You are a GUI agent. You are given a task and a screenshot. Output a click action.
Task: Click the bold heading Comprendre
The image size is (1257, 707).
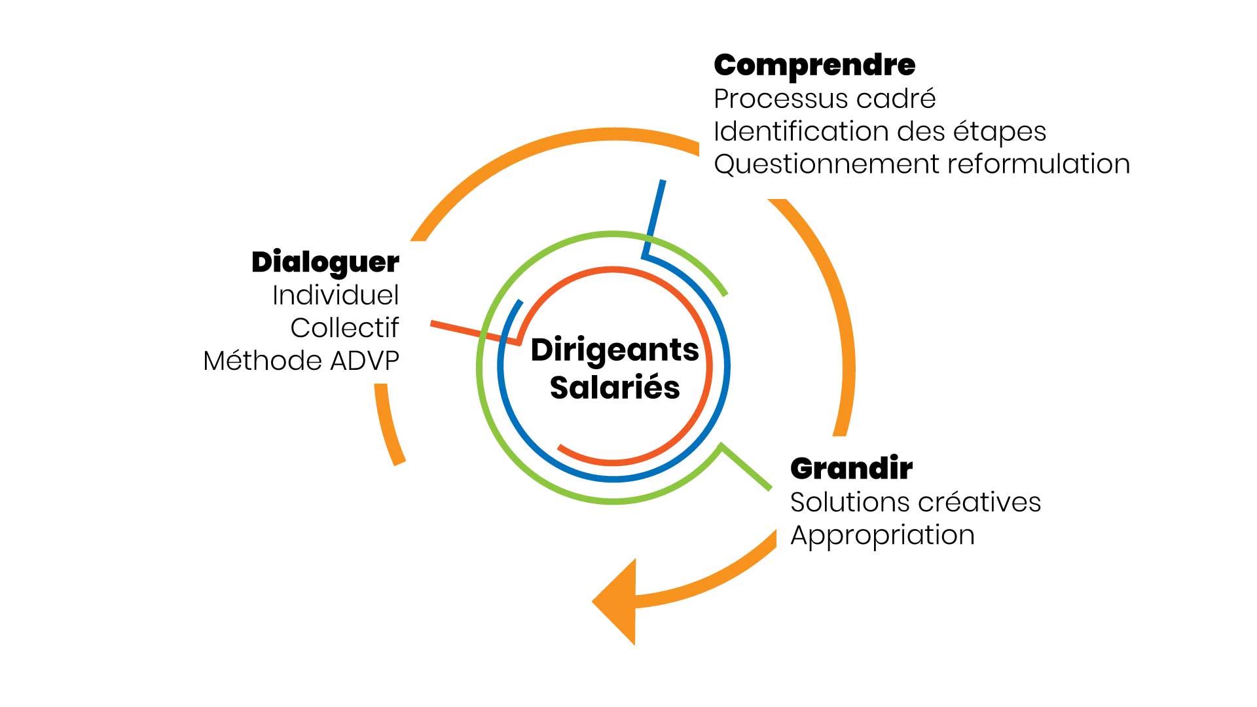[814, 65]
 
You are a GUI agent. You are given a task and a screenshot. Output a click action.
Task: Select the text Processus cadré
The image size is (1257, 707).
[824, 100]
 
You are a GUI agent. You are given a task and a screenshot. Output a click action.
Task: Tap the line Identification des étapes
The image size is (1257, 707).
[879, 132]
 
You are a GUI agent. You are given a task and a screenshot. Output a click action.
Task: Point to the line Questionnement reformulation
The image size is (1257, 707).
[921, 164]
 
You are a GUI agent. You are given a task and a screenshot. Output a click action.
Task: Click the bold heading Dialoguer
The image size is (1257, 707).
[325, 263]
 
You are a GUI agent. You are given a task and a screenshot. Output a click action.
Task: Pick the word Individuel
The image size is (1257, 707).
[335, 295]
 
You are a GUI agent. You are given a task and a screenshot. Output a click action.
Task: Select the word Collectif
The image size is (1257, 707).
[344, 328]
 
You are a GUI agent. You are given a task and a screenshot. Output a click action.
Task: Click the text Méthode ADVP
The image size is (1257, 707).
[301, 361]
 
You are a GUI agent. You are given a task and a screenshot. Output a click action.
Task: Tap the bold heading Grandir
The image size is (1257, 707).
[851, 469]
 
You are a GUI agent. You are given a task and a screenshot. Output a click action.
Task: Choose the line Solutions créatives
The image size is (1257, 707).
[915, 503]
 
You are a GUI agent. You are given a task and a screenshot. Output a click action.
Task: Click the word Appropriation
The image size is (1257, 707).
[882, 535]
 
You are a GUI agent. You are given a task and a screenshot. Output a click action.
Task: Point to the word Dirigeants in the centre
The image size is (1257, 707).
[615, 350]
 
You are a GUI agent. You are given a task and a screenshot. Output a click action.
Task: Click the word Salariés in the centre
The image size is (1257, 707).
[615, 388]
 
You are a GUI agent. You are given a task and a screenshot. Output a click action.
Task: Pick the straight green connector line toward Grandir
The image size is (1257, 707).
[746, 467]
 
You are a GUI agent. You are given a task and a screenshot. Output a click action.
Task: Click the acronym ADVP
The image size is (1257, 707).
[365, 361]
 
